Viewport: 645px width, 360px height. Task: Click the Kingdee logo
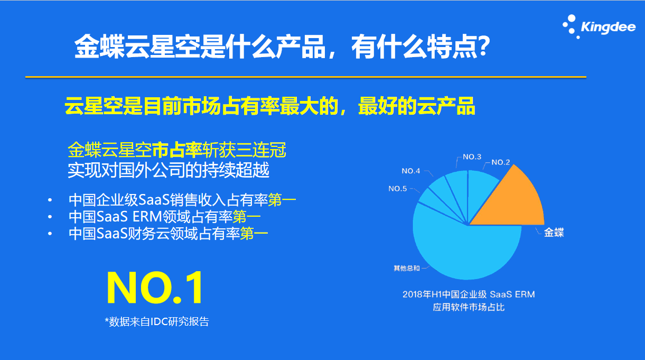click(x=599, y=26)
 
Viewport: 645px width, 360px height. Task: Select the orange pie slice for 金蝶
click(x=516, y=202)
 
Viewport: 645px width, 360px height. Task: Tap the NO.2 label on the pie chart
click(x=500, y=162)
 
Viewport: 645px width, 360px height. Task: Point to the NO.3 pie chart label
click(x=472, y=157)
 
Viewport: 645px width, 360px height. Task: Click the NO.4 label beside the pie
click(x=410, y=171)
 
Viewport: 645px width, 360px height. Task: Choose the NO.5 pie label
click(x=397, y=189)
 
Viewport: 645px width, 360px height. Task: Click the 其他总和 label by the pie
click(x=407, y=269)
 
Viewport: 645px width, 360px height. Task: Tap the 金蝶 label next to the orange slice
click(x=554, y=232)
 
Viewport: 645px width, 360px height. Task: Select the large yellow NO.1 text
click(x=155, y=288)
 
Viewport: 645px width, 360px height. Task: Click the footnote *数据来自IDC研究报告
click(x=157, y=321)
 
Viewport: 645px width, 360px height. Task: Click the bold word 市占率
click(x=177, y=150)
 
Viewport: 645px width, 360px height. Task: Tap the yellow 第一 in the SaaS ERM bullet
click(x=247, y=217)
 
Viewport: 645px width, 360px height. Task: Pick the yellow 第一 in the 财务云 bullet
click(x=254, y=234)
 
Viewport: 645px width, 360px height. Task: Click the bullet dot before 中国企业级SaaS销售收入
click(x=50, y=200)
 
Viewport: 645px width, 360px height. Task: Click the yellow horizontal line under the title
click(x=306, y=77)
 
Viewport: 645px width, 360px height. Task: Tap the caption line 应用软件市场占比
click(x=469, y=307)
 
